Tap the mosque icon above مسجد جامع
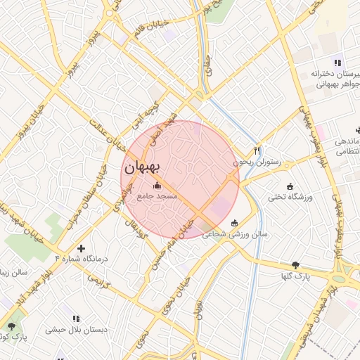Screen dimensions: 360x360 click(156, 186)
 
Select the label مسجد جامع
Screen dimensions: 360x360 click(157, 197)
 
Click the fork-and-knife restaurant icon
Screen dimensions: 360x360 click(257, 150)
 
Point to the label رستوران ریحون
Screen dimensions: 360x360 click(257, 162)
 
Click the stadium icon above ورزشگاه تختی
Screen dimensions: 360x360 click(290, 186)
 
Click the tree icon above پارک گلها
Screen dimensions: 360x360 click(295, 265)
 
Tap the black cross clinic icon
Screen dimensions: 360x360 click(82, 247)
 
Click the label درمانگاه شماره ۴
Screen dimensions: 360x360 click(82, 259)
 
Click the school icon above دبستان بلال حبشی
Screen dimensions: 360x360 click(75, 318)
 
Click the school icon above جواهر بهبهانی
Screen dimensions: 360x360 click(338, 62)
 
